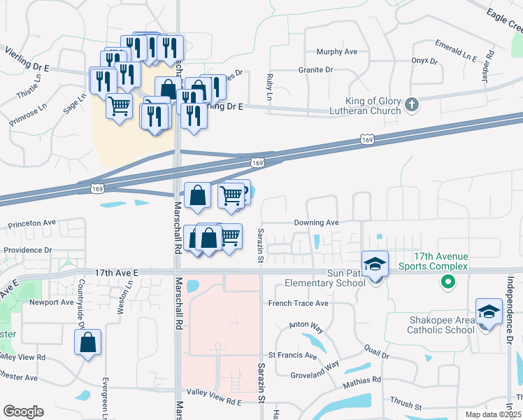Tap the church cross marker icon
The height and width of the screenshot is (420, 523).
click(412, 105)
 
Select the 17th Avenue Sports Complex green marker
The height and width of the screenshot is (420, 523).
click(447, 282)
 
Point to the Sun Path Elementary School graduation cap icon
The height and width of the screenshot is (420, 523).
click(375, 264)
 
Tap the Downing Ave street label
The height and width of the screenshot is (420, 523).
click(316, 223)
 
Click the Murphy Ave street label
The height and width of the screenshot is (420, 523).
click(336, 52)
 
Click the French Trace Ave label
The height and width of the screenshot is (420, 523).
click(299, 304)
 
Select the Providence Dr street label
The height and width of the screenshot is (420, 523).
click(28, 250)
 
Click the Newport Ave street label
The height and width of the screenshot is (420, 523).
click(51, 302)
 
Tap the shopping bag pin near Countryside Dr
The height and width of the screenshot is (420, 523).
click(87, 342)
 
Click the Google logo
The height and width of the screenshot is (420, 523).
click(23, 411)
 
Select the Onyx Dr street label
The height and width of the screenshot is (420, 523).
click(424, 60)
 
